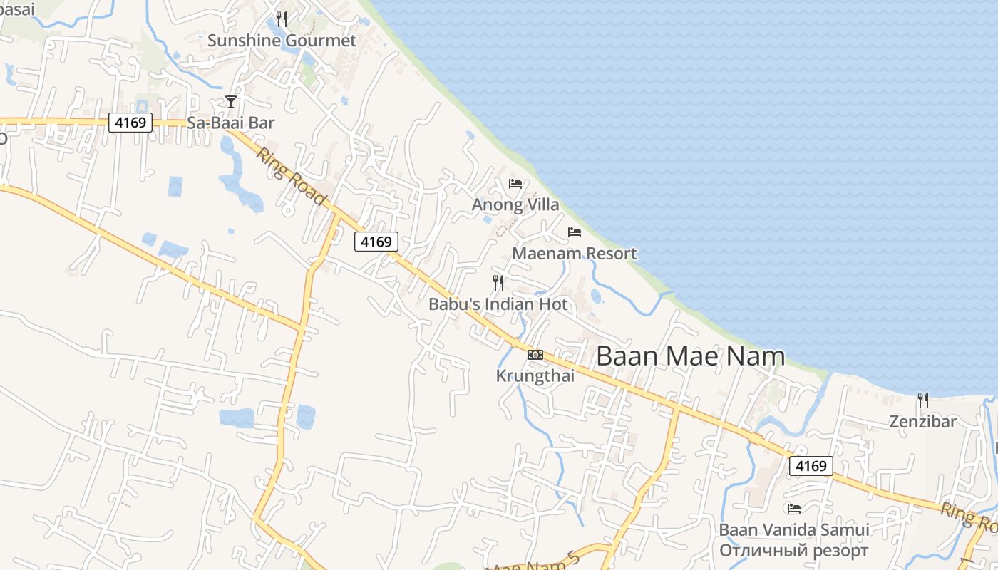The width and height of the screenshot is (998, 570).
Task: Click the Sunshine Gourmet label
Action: tap(282, 41)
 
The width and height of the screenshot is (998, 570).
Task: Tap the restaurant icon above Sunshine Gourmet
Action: tap(282, 19)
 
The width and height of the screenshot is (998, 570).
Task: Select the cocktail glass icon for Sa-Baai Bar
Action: tap(231, 102)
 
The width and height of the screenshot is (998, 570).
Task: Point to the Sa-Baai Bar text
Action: tap(231, 123)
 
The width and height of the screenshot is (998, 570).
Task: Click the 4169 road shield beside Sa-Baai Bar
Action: tap(131, 123)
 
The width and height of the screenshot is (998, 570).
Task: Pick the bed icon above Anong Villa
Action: tap(515, 184)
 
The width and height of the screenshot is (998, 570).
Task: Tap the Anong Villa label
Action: tap(515, 205)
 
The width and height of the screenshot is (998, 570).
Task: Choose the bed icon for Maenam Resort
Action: tap(575, 232)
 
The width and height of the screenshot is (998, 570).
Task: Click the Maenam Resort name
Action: tap(575, 254)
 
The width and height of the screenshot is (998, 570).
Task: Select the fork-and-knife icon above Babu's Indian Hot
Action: tap(498, 283)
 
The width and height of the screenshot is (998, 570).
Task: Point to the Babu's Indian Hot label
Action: tap(498, 304)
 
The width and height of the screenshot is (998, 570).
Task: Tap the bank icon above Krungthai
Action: tap(535, 355)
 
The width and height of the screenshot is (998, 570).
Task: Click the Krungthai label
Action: tap(535, 376)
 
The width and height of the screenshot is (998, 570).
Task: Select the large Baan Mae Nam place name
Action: tap(690, 356)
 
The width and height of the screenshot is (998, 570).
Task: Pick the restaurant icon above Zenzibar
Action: tap(923, 400)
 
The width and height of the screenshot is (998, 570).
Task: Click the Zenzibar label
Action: tap(923, 422)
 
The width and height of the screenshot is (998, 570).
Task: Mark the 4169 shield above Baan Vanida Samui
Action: tap(811, 466)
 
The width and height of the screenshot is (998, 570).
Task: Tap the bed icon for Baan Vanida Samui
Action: tap(794, 509)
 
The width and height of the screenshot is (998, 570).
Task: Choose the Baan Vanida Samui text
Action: tap(794, 530)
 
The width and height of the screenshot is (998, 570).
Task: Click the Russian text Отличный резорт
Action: tap(794, 551)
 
